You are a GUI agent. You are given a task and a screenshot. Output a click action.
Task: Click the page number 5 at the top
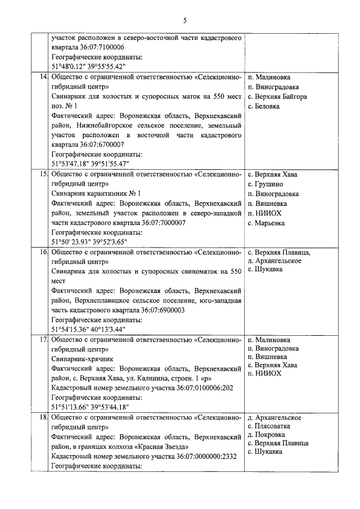(184, 21)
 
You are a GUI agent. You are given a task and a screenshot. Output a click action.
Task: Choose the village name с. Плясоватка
(271, 426)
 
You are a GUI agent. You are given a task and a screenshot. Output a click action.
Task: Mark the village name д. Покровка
(268, 435)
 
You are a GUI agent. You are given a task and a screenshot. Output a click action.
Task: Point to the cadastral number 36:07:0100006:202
(209, 388)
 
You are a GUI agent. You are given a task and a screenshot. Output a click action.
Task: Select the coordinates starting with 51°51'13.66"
(90, 407)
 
